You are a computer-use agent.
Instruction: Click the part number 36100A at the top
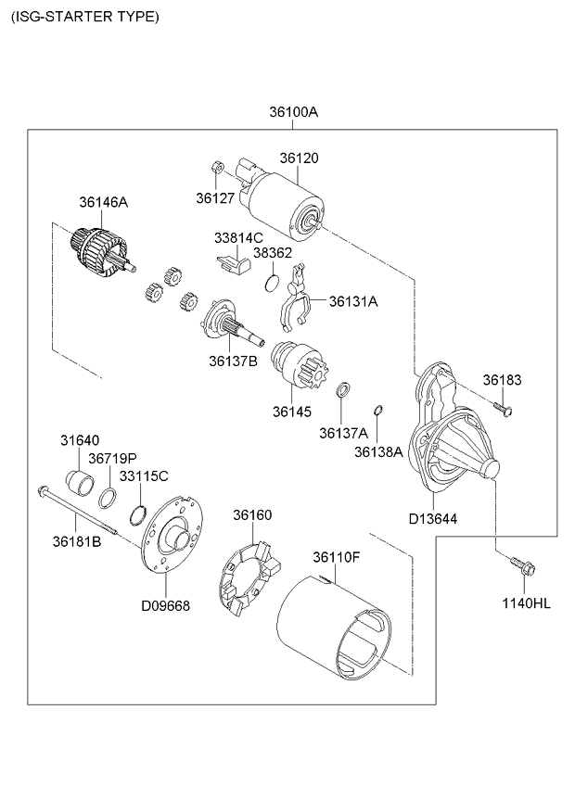click(294, 112)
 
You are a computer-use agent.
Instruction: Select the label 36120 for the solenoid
click(300, 158)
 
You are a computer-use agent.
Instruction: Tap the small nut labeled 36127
click(214, 169)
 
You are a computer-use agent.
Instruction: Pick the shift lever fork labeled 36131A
click(294, 300)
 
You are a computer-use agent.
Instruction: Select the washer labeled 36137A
click(342, 389)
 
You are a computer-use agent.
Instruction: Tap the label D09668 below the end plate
click(165, 606)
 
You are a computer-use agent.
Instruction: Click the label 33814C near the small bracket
click(239, 238)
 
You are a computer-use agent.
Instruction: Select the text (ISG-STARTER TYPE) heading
click(85, 17)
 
